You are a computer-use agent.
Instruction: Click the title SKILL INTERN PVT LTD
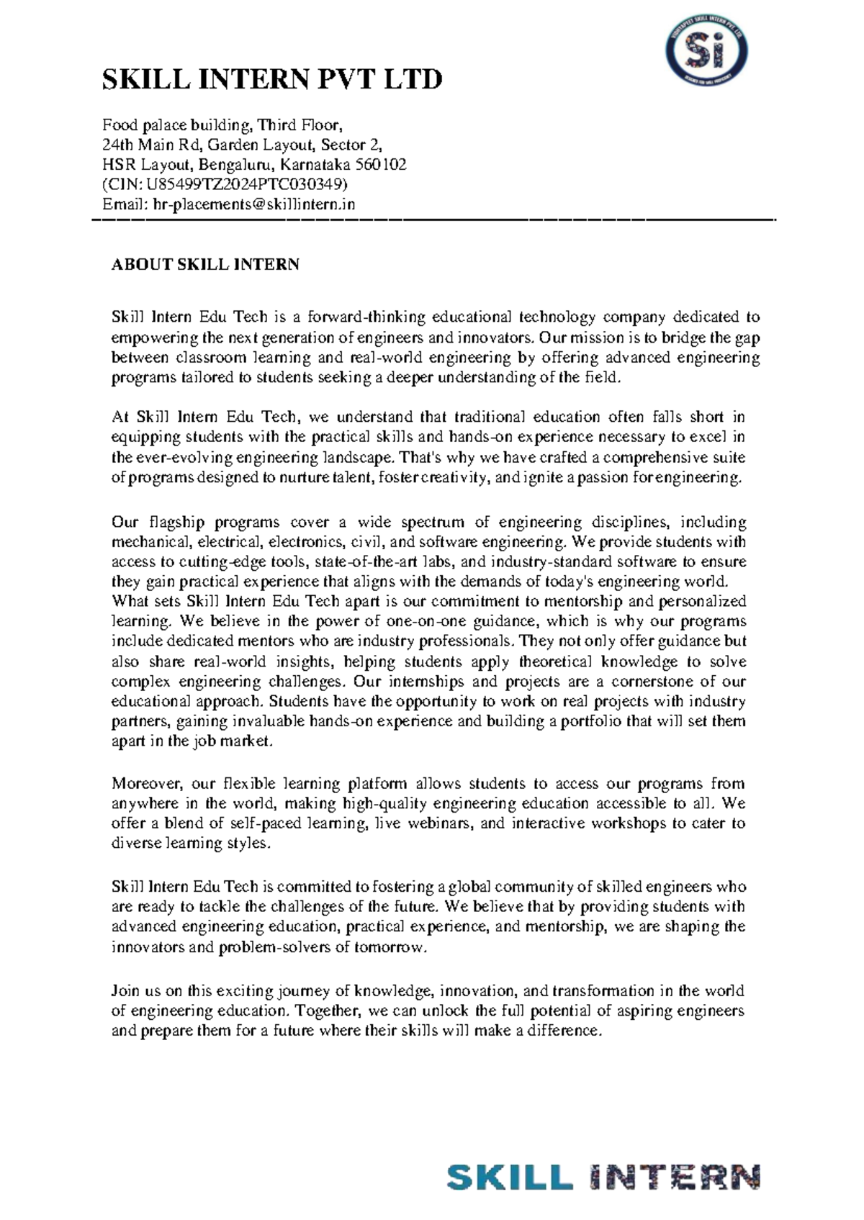pyautogui.click(x=271, y=79)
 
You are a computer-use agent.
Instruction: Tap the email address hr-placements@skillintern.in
pyautogui.click(x=255, y=204)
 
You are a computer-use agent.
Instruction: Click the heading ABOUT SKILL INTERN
pyautogui.click(x=205, y=264)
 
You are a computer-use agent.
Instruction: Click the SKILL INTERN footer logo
pyautogui.click(x=603, y=1178)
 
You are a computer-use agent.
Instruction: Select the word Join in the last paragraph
pyautogui.click(x=125, y=991)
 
